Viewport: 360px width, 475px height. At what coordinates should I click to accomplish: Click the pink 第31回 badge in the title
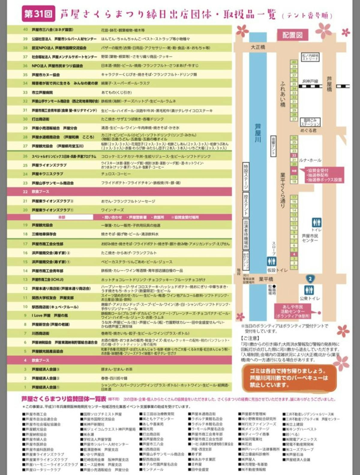38,14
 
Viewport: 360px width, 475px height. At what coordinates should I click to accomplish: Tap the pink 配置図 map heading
292,35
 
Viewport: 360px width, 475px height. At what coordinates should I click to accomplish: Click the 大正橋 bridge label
258,47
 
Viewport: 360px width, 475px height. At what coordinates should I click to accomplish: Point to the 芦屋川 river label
258,133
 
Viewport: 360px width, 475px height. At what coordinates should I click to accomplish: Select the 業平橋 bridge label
266,279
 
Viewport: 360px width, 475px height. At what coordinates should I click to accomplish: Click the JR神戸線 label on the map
310,81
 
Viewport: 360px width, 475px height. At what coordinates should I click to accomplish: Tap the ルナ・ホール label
310,160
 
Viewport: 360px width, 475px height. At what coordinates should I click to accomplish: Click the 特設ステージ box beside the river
246,177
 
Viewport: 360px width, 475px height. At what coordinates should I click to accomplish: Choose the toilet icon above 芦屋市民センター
316,222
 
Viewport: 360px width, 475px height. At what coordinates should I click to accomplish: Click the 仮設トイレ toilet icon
271,261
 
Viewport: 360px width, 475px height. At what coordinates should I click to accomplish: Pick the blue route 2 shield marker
310,279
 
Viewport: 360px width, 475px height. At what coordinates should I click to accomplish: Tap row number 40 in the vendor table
25,30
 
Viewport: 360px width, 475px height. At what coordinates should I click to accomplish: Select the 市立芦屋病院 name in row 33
42,92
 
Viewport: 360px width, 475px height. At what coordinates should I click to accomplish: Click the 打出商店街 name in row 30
40,119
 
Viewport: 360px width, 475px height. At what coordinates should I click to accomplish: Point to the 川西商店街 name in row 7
40,333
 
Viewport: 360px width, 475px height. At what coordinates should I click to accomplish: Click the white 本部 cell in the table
61,217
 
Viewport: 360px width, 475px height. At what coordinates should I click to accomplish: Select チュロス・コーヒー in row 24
116,174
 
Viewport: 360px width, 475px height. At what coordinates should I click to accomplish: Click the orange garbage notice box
289,378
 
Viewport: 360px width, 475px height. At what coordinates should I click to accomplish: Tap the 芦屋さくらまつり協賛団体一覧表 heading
64,399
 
